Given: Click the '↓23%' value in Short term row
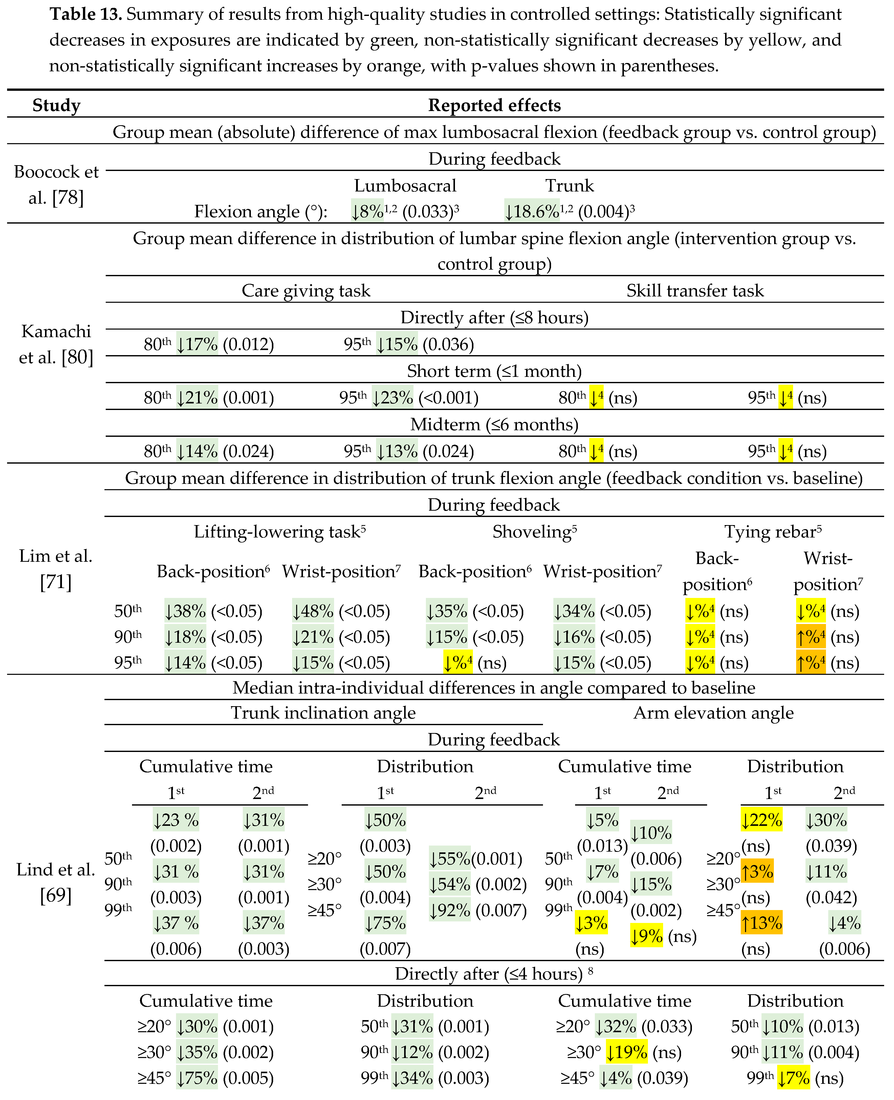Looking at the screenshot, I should point(393,398).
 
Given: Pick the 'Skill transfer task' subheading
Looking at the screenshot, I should point(695,290).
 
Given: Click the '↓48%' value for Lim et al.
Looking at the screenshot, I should point(313,611).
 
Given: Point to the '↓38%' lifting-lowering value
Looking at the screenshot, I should point(185,611).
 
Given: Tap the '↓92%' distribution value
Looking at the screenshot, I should point(450,910).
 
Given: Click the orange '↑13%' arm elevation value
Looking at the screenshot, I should point(761,923).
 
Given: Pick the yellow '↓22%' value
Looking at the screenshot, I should point(761,820).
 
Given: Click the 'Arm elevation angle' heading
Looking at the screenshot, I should point(713,713).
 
